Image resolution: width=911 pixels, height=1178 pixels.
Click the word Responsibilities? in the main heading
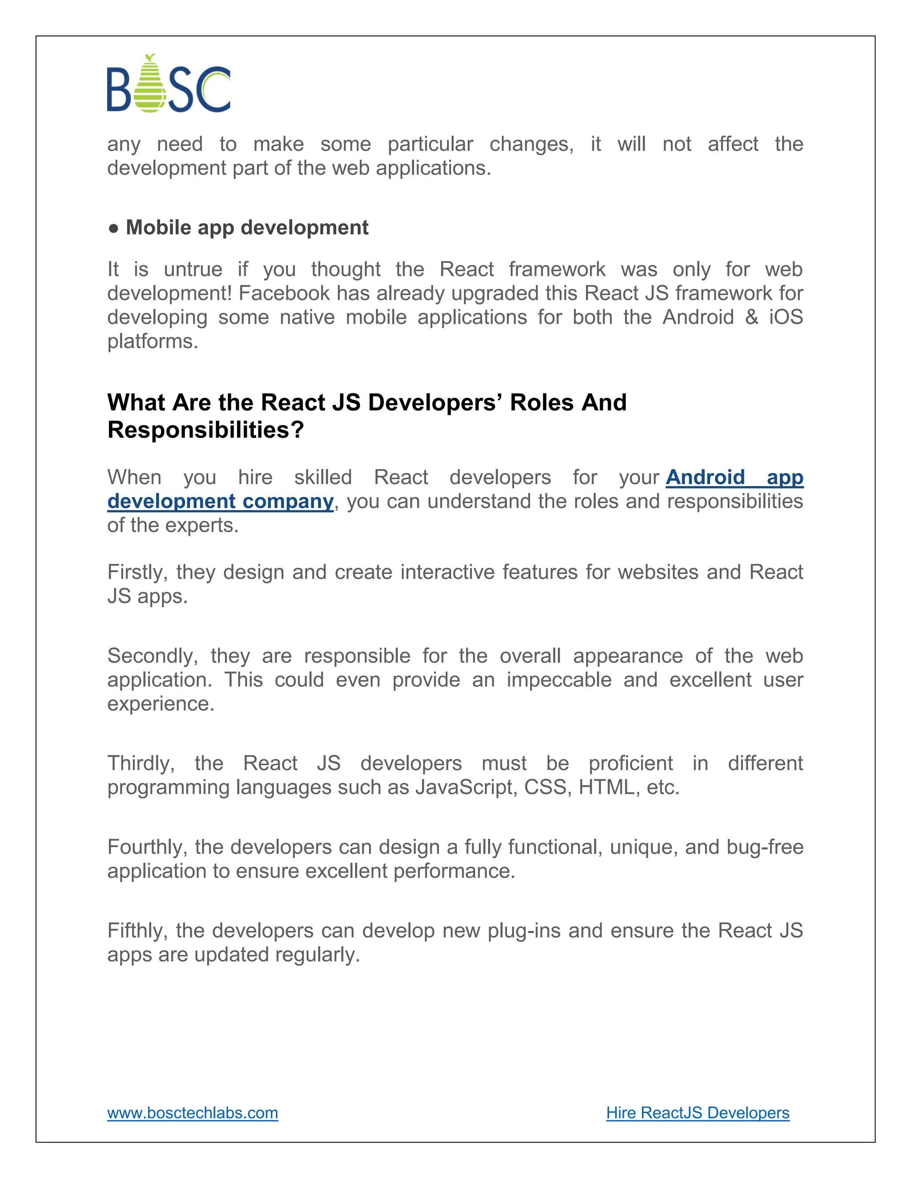point(206,430)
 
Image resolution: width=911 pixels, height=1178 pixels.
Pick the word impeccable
point(559,680)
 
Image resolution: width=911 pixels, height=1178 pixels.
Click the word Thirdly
point(140,764)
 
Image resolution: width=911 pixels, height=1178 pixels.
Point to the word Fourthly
point(147,847)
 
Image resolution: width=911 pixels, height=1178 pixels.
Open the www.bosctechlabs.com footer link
point(193,1113)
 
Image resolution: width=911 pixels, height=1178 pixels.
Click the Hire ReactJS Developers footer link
point(697,1113)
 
